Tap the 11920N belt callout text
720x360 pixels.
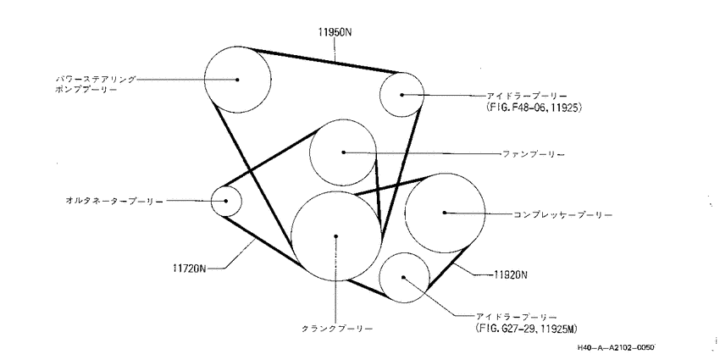pyautogui.click(x=511, y=275)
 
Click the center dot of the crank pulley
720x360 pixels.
pyautogui.click(x=336, y=236)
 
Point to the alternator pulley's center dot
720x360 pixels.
pyautogui.click(x=226, y=201)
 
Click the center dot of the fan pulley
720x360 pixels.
pyautogui.click(x=343, y=152)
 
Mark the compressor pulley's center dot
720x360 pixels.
pyautogui.click(x=445, y=213)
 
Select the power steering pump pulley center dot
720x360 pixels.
pyautogui.click(x=237, y=80)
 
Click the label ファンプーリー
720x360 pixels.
pyautogui.click(x=534, y=155)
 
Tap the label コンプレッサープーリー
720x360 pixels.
pyautogui.click(x=562, y=214)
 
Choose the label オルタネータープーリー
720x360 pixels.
pyautogui.click(x=114, y=201)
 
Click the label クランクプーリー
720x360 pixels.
pyautogui.click(x=336, y=329)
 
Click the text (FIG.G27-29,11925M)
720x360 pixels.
pyautogui.click(x=527, y=329)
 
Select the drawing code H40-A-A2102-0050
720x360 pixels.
pyautogui.click(x=615, y=349)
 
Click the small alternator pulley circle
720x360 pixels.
pyautogui.click(x=211, y=201)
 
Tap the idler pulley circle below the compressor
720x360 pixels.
pyautogui.click(x=379, y=277)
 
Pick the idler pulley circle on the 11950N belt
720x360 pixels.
pyautogui.click(x=379, y=95)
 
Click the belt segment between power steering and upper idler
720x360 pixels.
pyautogui.click(x=323, y=60)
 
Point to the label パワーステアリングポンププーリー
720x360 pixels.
pyautogui.click(x=97, y=85)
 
